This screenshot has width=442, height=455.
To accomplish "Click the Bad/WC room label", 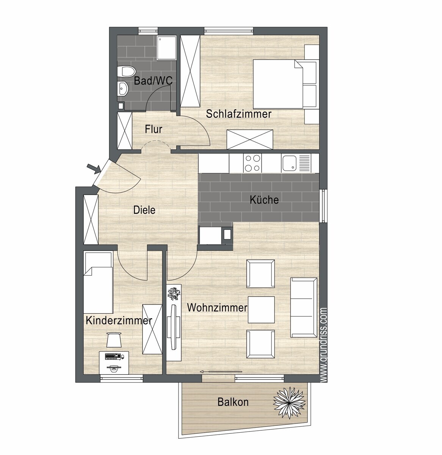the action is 153,81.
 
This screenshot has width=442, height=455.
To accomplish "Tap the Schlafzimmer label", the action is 238,114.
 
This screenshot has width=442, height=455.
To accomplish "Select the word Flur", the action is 153,129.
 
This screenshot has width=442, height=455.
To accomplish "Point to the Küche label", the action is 264,200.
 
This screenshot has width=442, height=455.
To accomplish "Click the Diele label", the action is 144,210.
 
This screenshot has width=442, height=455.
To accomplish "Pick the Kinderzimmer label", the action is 119,320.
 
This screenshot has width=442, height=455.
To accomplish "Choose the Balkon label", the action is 233,402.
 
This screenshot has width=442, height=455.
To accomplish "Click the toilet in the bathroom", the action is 126,71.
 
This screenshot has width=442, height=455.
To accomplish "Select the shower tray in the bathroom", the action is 167,48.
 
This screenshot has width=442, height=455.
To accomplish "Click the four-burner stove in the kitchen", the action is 252,163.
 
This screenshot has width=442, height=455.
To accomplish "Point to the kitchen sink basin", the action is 289,163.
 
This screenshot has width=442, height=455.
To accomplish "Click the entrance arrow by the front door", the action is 94,169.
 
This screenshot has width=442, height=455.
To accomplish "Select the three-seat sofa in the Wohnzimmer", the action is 304,308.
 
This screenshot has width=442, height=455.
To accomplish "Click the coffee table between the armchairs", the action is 261,310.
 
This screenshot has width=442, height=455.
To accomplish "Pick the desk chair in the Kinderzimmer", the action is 114,340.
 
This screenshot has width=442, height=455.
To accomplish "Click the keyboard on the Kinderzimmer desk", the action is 113,356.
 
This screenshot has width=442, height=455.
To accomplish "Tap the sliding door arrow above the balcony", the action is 221,371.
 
